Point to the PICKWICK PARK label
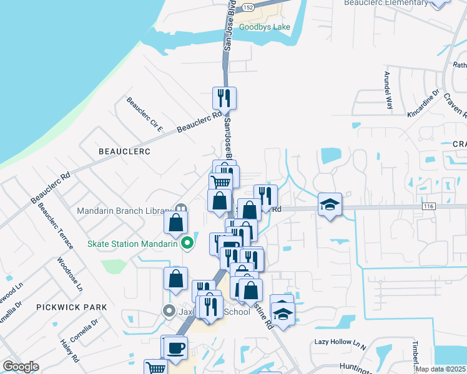(x=71, y=307)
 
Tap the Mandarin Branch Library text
(x=124, y=211)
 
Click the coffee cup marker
(x=175, y=347)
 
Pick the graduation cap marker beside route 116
(x=329, y=204)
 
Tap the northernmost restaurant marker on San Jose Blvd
(x=224, y=98)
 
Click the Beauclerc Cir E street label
(x=144, y=115)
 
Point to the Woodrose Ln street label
(x=70, y=275)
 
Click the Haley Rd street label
(x=69, y=351)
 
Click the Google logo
(x=20, y=367)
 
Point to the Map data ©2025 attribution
(x=440, y=369)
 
